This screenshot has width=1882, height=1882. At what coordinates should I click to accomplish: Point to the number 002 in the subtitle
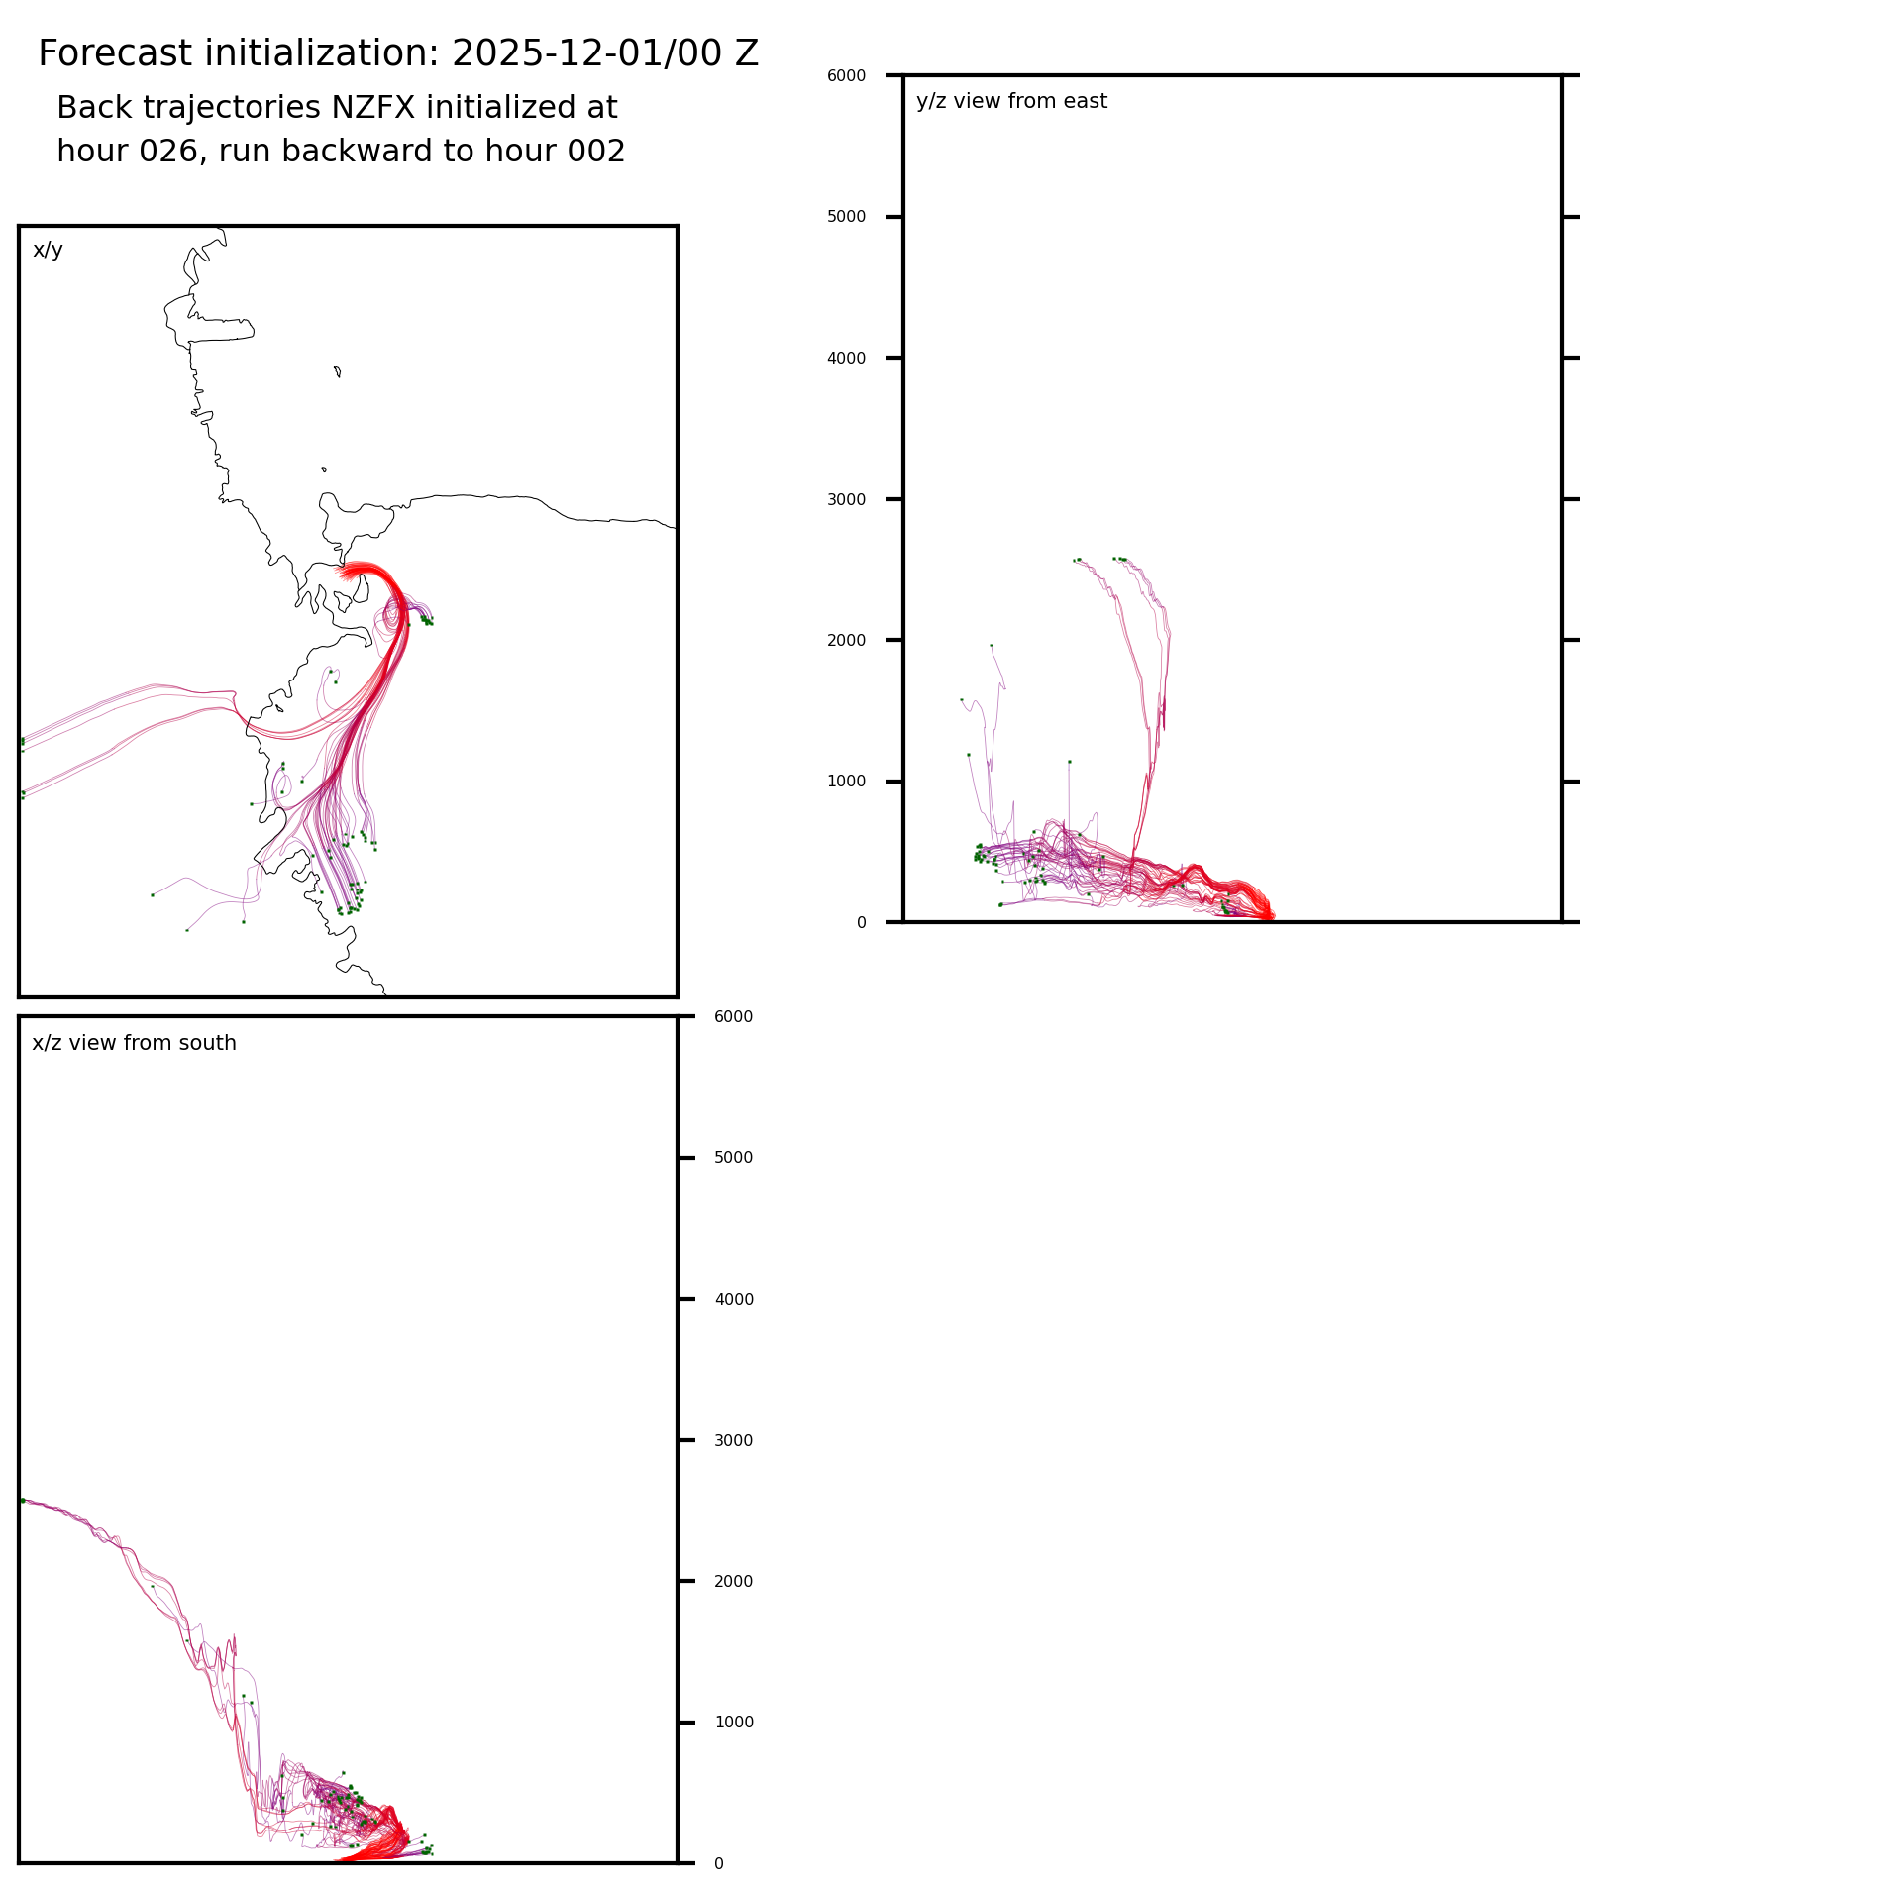tap(595, 152)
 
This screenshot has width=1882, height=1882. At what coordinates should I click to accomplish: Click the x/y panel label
tap(48, 250)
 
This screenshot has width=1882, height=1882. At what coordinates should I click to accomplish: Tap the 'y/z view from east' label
tap(1011, 101)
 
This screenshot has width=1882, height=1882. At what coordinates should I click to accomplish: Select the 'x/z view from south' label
tap(134, 1043)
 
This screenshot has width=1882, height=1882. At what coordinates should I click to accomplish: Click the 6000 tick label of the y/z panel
tap(846, 75)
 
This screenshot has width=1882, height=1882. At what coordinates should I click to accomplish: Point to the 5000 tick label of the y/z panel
tap(846, 217)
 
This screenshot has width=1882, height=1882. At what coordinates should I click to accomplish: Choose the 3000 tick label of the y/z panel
tap(846, 499)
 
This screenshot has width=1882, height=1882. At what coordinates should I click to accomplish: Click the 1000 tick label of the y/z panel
tap(846, 782)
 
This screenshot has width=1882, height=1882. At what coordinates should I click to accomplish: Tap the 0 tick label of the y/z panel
tap(861, 923)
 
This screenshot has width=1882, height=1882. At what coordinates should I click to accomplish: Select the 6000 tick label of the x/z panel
tap(733, 1017)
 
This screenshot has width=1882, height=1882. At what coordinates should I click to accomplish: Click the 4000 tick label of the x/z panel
tap(733, 1300)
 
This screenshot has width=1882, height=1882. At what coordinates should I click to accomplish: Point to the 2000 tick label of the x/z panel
tap(733, 1582)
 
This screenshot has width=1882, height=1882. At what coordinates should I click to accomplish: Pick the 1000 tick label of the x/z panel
tap(733, 1723)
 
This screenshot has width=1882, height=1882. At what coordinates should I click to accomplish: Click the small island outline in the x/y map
tap(338, 371)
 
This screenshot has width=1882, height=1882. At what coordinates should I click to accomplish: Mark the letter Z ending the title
tap(747, 53)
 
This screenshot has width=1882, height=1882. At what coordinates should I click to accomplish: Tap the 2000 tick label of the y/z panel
tap(846, 641)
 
